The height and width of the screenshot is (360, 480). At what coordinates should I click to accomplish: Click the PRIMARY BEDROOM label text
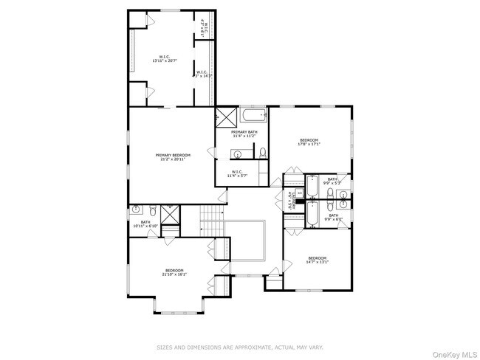coord(173,155)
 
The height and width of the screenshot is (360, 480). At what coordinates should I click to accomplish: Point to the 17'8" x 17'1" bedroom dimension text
coord(308,145)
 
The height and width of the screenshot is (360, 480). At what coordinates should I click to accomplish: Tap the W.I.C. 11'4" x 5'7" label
coord(241,175)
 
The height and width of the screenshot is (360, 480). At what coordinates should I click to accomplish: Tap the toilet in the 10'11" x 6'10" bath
coord(152,210)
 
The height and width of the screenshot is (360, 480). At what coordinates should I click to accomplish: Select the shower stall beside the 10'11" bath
coord(171,214)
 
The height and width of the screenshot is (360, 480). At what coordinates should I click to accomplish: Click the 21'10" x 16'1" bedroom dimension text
coord(175,274)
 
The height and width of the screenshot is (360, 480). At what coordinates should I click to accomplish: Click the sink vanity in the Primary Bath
coord(237,154)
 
